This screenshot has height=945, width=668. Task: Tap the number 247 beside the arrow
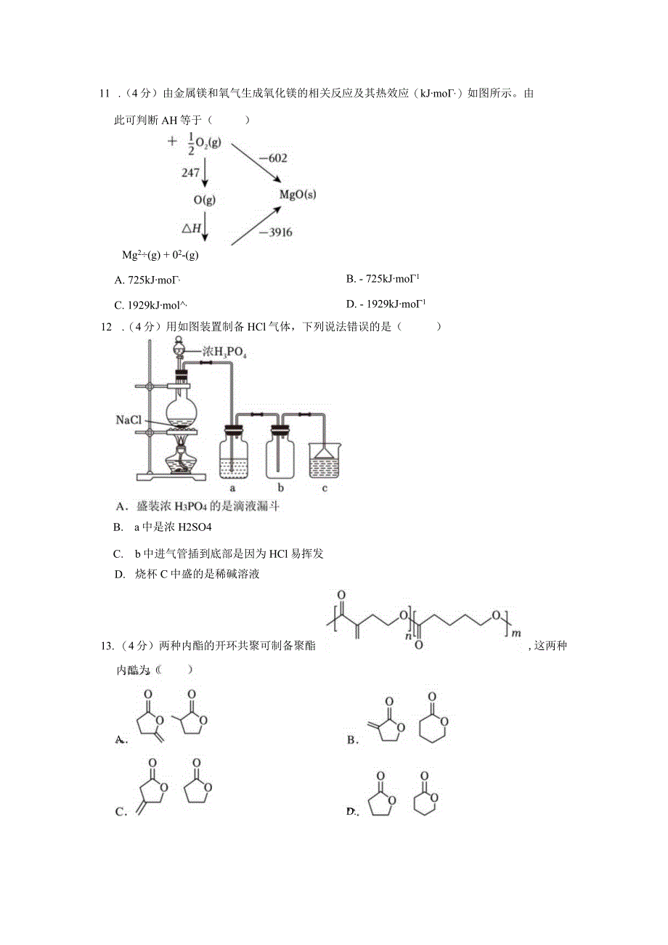[191, 172]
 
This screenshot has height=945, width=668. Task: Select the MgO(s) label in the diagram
[298, 195]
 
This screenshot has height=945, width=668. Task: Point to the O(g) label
[204, 200]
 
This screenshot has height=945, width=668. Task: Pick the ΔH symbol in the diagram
[191, 228]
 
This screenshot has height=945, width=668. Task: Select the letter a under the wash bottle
[232, 488]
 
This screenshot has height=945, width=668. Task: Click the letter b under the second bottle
[280, 488]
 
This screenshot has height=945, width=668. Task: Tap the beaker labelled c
[324, 461]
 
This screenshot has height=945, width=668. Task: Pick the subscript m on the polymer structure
[517, 634]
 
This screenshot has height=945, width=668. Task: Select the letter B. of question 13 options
[353, 740]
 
